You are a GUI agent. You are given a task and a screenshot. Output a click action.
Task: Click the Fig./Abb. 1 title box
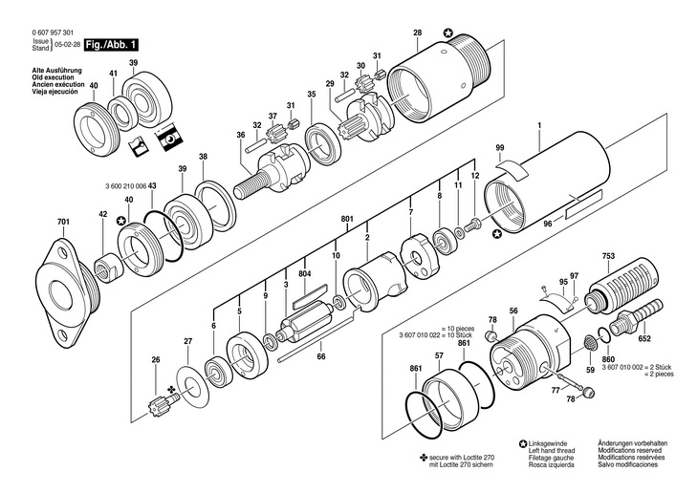[111, 45]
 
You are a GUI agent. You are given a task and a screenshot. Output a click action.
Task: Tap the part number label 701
[64, 222]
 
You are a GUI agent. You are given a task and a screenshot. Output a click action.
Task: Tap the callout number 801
[347, 219]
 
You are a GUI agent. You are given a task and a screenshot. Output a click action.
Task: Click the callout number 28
[417, 32]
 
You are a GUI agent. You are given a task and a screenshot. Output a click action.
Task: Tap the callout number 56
[514, 311]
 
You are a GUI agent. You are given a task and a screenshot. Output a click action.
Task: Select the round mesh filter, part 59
[590, 343]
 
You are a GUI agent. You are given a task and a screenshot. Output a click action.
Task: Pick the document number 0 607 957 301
[53, 32]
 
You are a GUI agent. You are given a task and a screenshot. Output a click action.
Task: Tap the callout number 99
[500, 147]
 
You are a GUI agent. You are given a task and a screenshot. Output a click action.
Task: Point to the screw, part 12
[471, 224]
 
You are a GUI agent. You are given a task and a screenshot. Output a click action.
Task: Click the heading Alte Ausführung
[57, 71]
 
